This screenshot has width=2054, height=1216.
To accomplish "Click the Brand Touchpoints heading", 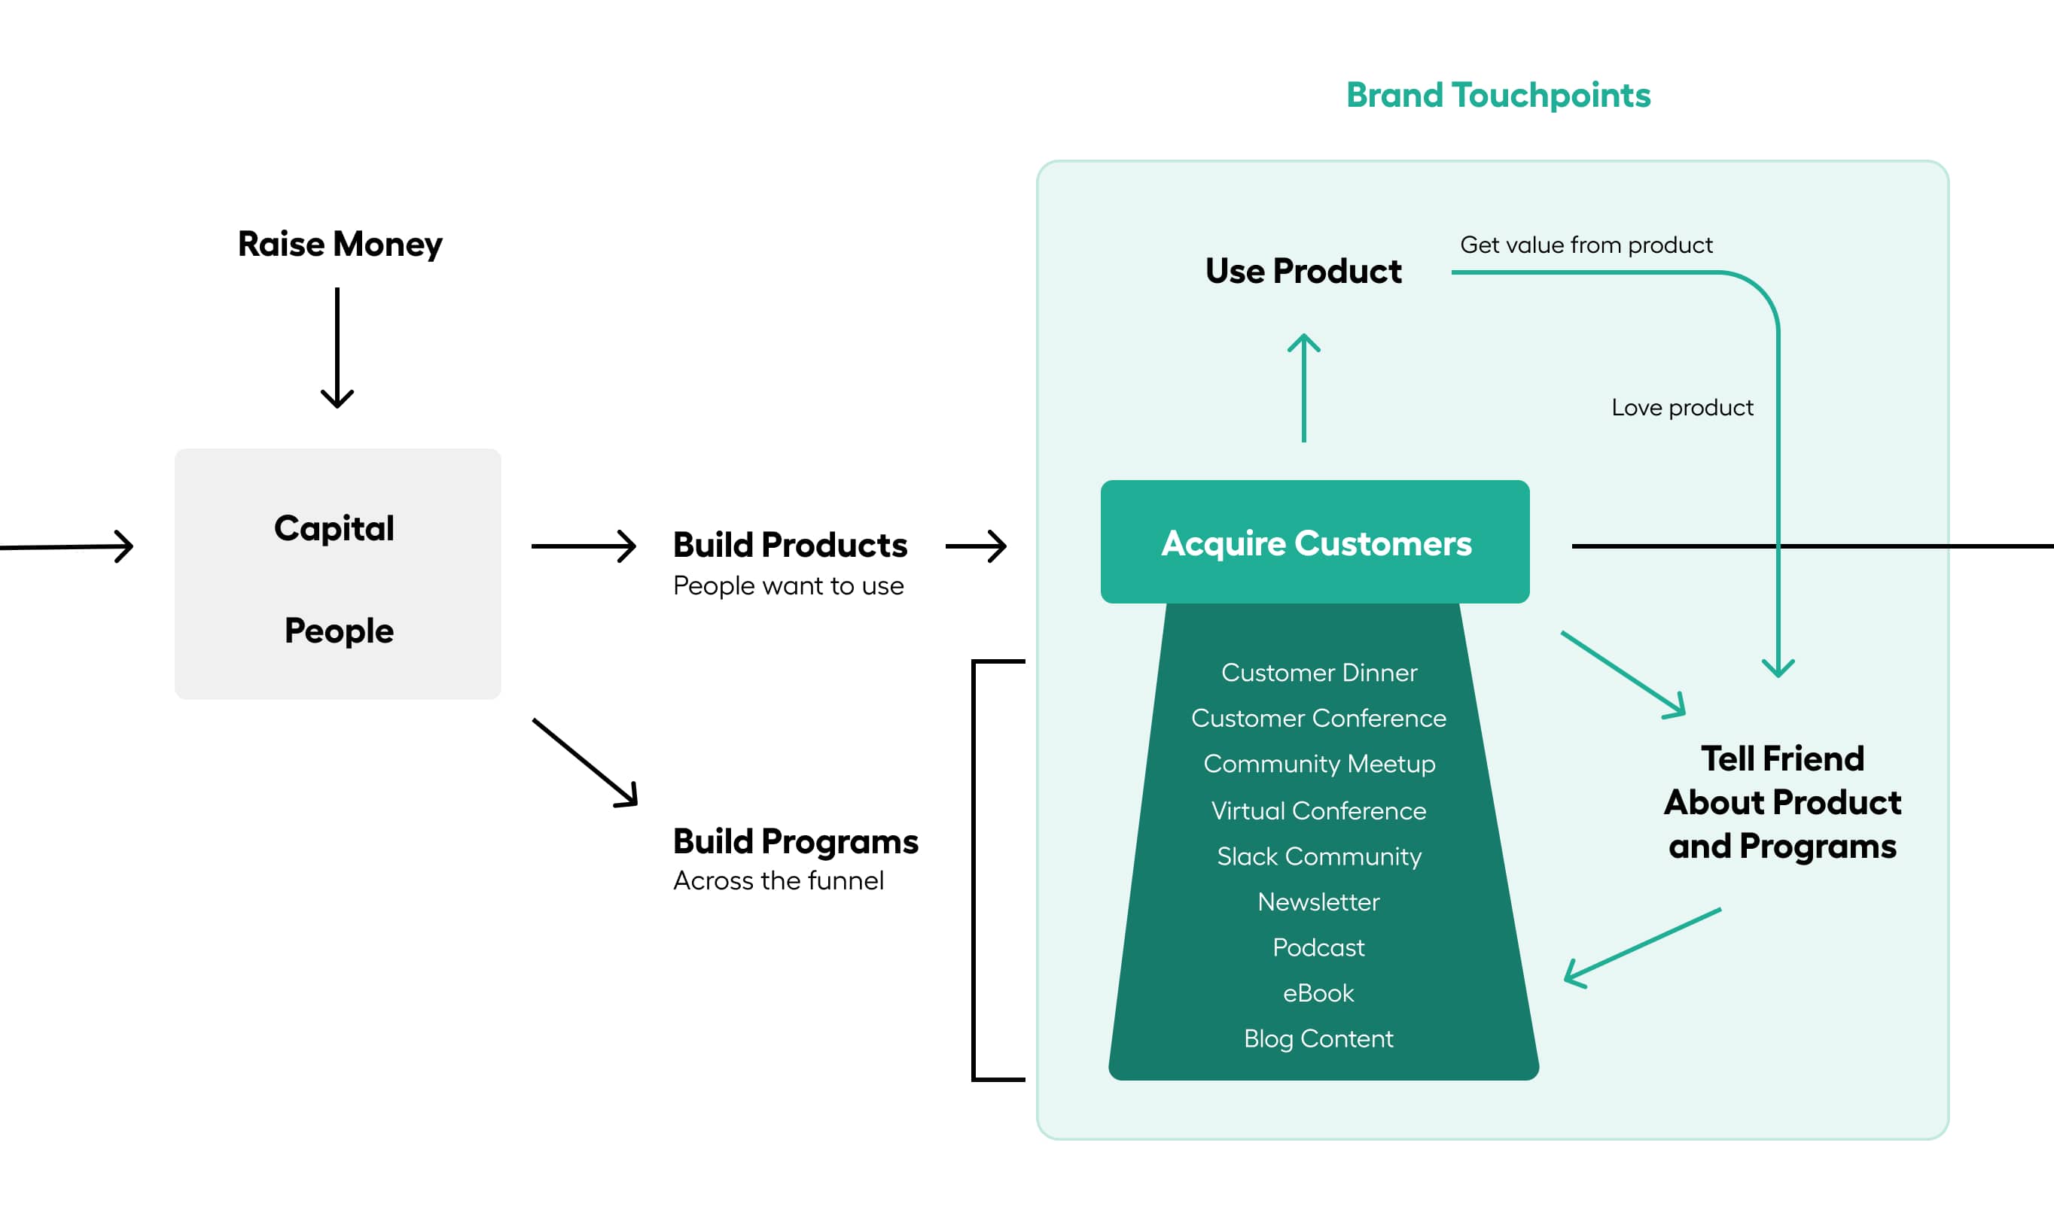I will pyautogui.click(x=1498, y=96).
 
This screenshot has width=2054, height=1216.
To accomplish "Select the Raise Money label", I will pyautogui.click(x=340, y=245).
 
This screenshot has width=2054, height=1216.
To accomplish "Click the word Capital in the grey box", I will pyautogui.click(x=334, y=528).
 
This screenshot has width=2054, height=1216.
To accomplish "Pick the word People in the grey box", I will pyautogui.click(x=339, y=631).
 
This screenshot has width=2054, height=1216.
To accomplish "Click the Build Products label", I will pyautogui.click(x=789, y=545).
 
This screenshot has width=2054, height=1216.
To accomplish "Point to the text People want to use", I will pyautogui.click(x=788, y=586).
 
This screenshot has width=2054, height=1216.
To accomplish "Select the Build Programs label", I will pyautogui.click(x=795, y=841).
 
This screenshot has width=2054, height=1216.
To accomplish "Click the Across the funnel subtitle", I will pyautogui.click(x=778, y=881).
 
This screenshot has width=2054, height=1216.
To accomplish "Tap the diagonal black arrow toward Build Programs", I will pyautogui.click(x=585, y=763).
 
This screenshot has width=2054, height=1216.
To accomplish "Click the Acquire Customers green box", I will pyautogui.click(x=1315, y=543).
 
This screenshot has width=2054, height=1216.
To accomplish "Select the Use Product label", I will pyautogui.click(x=1303, y=271).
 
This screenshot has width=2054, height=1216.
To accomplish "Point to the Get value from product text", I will pyautogui.click(x=1585, y=245).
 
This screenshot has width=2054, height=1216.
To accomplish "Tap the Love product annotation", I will pyautogui.click(x=1681, y=408).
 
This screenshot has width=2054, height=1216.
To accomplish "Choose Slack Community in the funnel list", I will pyautogui.click(x=1318, y=856).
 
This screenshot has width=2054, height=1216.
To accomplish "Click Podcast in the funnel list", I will pyautogui.click(x=1318, y=947).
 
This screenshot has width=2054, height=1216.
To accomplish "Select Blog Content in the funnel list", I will pyautogui.click(x=1318, y=1039).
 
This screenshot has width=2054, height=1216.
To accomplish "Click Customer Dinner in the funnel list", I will pyautogui.click(x=1318, y=673).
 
